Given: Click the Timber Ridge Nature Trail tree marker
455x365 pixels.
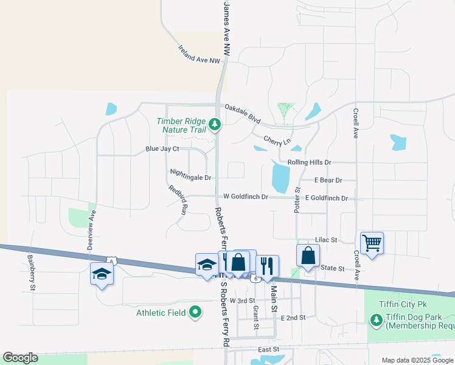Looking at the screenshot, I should [214, 125].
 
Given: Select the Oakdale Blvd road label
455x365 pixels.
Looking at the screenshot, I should [242, 114].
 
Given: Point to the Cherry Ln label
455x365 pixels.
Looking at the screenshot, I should [274, 140].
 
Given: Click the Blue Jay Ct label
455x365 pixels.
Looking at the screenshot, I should [162, 148].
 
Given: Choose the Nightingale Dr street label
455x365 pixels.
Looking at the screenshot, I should [190, 178].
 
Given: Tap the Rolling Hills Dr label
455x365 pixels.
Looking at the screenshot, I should [309, 162].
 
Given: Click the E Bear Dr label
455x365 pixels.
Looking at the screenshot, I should [328, 180].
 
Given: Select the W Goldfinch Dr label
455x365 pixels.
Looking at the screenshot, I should [246, 196].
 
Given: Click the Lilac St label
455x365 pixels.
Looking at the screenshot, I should [326, 240].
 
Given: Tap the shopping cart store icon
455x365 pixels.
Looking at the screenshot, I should [372, 243].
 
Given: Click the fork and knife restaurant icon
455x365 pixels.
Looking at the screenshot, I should [267, 265].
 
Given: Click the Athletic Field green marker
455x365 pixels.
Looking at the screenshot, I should [195, 313].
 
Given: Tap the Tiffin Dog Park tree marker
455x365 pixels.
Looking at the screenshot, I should [376, 319].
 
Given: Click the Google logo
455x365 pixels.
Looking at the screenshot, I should [20, 358].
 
